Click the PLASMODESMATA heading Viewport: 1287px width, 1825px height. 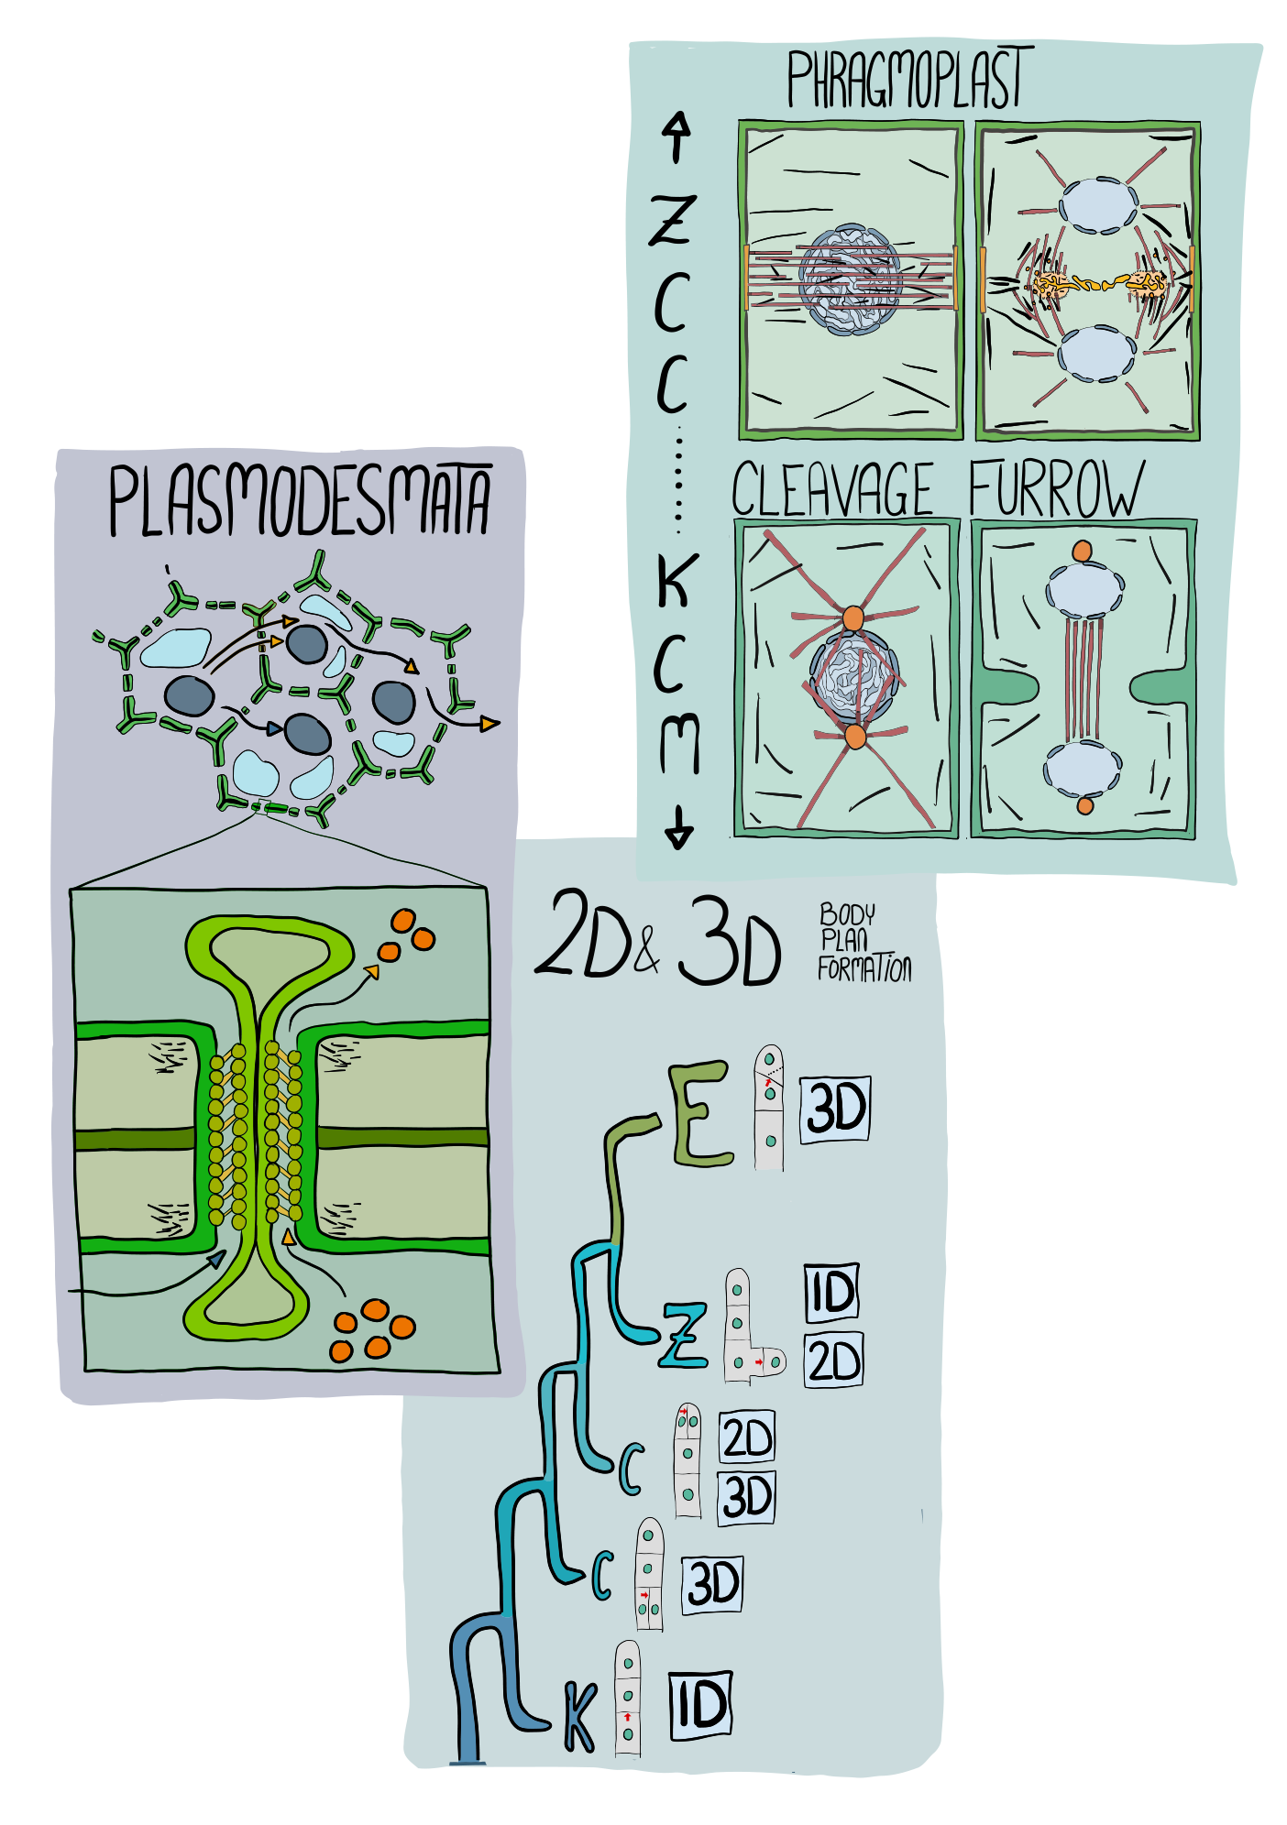pos(299,500)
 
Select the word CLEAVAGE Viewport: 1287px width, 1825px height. pos(831,490)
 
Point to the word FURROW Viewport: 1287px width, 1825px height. pos(1056,490)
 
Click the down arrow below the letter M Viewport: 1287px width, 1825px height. pos(678,826)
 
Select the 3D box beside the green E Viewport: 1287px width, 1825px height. pos(834,1109)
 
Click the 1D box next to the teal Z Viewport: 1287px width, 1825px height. pos(831,1293)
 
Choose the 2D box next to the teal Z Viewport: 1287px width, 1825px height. pos(833,1361)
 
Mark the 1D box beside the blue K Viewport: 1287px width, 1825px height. pos(700,1705)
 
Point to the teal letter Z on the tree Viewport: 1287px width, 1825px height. pos(684,1336)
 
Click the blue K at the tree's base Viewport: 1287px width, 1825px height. pos(579,1716)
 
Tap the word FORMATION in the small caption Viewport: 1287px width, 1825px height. pos(863,969)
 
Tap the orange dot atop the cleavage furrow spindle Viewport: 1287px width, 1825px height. pos(1083,552)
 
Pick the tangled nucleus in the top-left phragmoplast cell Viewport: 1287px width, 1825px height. pos(850,279)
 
